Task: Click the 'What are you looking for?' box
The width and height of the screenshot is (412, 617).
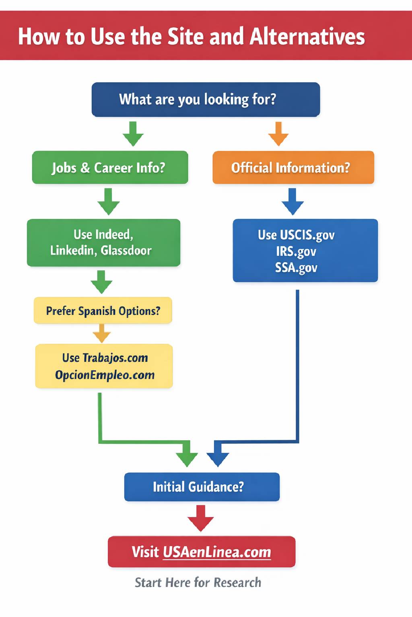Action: click(206, 100)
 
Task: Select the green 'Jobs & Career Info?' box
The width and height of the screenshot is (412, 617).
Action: click(110, 168)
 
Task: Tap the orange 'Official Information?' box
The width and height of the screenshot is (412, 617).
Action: click(293, 168)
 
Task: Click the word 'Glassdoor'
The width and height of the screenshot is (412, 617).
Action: click(126, 251)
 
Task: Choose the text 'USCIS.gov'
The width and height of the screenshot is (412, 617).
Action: click(307, 235)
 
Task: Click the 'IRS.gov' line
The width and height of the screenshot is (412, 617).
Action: click(296, 251)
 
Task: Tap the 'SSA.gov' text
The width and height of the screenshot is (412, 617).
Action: click(296, 268)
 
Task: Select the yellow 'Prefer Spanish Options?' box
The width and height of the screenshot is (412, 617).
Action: click(103, 311)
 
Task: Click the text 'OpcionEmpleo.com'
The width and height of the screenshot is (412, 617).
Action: click(105, 375)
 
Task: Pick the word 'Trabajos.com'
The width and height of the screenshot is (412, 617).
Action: click(115, 358)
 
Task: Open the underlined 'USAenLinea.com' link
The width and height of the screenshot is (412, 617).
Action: click(217, 552)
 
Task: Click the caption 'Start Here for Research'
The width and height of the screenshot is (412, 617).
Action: click(198, 582)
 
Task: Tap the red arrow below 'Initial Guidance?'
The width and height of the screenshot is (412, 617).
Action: click(200, 519)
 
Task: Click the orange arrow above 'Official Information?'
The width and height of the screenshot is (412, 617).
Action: click(278, 134)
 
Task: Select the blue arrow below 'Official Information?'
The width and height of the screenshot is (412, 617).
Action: click(293, 201)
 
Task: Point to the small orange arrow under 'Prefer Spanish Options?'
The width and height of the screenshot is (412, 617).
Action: click(102, 333)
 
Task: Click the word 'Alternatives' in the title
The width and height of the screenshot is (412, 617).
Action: click(307, 37)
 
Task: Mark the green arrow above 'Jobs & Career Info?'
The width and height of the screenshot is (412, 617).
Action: click(133, 134)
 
